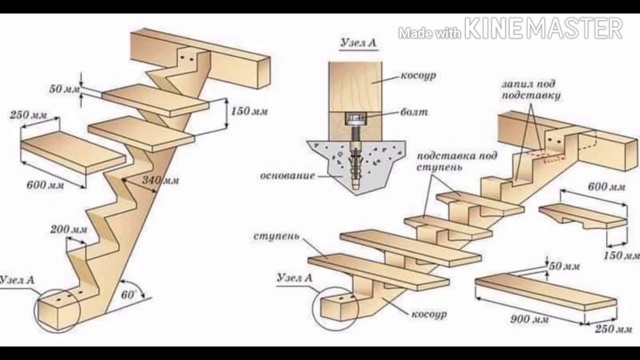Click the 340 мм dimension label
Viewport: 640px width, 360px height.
[x=160, y=180]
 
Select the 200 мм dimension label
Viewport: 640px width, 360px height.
[x=68, y=230]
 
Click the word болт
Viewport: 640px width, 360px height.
[x=414, y=112]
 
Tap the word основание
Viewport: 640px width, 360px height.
[x=287, y=175]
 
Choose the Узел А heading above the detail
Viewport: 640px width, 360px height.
[x=358, y=43]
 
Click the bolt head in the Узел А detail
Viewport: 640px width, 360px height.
[x=355, y=119]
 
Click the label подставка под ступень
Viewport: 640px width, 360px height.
[x=457, y=161]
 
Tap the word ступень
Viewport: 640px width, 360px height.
[x=276, y=235]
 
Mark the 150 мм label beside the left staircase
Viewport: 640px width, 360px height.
[x=249, y=111]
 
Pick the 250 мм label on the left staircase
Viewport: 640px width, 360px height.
[x=28, y=115]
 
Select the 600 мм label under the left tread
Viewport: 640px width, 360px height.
[x=45, y=185]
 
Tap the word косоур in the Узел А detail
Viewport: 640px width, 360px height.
[x=418, y=76]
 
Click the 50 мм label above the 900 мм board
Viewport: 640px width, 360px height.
[x=564, y=266]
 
